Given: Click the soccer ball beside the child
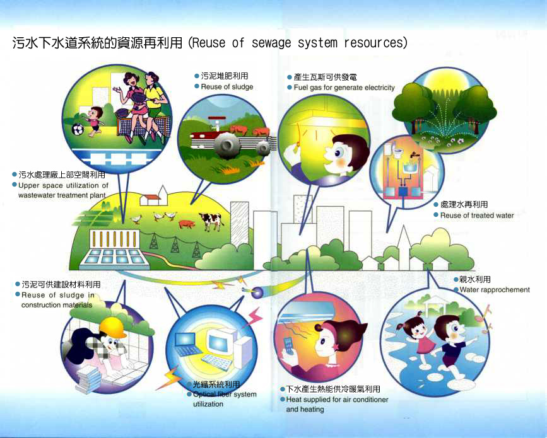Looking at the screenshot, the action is (78, 130).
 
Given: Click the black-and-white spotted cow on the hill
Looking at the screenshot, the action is (211, 221).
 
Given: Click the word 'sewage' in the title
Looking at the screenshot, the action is (271, 43).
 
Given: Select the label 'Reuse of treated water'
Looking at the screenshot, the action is (477, 216).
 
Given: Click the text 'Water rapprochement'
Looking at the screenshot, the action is (495, 289).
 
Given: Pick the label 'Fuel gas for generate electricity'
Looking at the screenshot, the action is (344, 88).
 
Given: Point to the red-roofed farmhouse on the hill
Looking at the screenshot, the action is (150, 200).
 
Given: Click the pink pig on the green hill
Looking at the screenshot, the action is (187, 224).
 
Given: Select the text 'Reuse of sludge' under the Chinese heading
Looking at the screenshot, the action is (226, 87).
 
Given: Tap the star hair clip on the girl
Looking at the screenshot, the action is (337, 347).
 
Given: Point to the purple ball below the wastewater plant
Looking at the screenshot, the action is (257, 292).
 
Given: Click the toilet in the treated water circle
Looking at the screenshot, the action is (397, 153).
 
